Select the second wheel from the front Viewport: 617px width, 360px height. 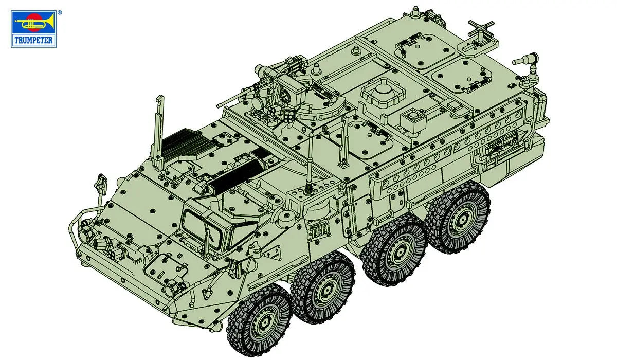click(x=323, y=291)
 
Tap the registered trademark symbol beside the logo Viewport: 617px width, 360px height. click(x=59, y=11)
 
